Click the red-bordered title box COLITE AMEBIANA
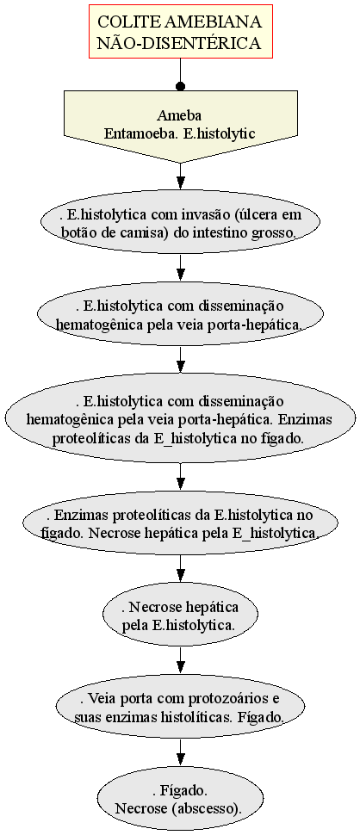pyautogui.click(x=181, y=31)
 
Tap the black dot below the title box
pyautogui.click(x=181, y=86)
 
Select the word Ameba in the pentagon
pyautogui.click(x=179, y=115)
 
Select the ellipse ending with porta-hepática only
pyautogui.click(x=181, y=315)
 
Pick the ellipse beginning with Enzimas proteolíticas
pyautogui.click(x=181, y=523)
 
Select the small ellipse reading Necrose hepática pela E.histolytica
pyautogui.click(x=181, y=615)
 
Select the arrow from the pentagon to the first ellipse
pyautogui.click(x=181, y=176)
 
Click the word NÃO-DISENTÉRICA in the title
pyautogui.click(x=181, y=42)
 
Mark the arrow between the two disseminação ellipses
pyautogui.click(x=181, y=360)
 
